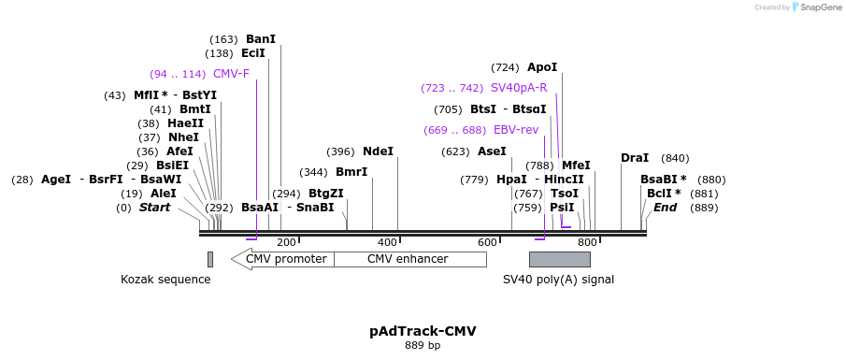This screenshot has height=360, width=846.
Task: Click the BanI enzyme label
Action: click(x=260, y=39)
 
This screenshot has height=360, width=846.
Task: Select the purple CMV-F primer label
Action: click(x=231, y=74)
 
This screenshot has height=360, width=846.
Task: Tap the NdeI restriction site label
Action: click(x=378, y=151)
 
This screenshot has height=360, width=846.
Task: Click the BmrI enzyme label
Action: click(x=351, y=172)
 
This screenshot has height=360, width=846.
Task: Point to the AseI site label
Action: click(x=492, y=151)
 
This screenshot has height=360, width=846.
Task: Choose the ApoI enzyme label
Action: click(x=542, y=67)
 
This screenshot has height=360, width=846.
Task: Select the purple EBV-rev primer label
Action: click(x=516, y=130)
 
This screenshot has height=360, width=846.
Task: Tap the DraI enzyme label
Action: click(x=635, y=158)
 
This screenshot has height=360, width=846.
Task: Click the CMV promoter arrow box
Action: click(x=282, y=259)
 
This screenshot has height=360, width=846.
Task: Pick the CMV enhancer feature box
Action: click(x=407, y=259)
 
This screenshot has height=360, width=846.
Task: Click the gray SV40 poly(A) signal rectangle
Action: click(x=559, y=259)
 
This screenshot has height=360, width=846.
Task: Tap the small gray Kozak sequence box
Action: click(x=210, y=259)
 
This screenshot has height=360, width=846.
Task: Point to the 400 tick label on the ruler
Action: click(x=386, y=243)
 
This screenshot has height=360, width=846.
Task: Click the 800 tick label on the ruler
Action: click(x=587, y=243)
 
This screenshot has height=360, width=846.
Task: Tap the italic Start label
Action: click(x=155, y=208)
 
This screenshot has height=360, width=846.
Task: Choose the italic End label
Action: click(x=665, y=208)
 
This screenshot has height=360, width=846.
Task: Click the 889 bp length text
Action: click(x=423, y=346)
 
